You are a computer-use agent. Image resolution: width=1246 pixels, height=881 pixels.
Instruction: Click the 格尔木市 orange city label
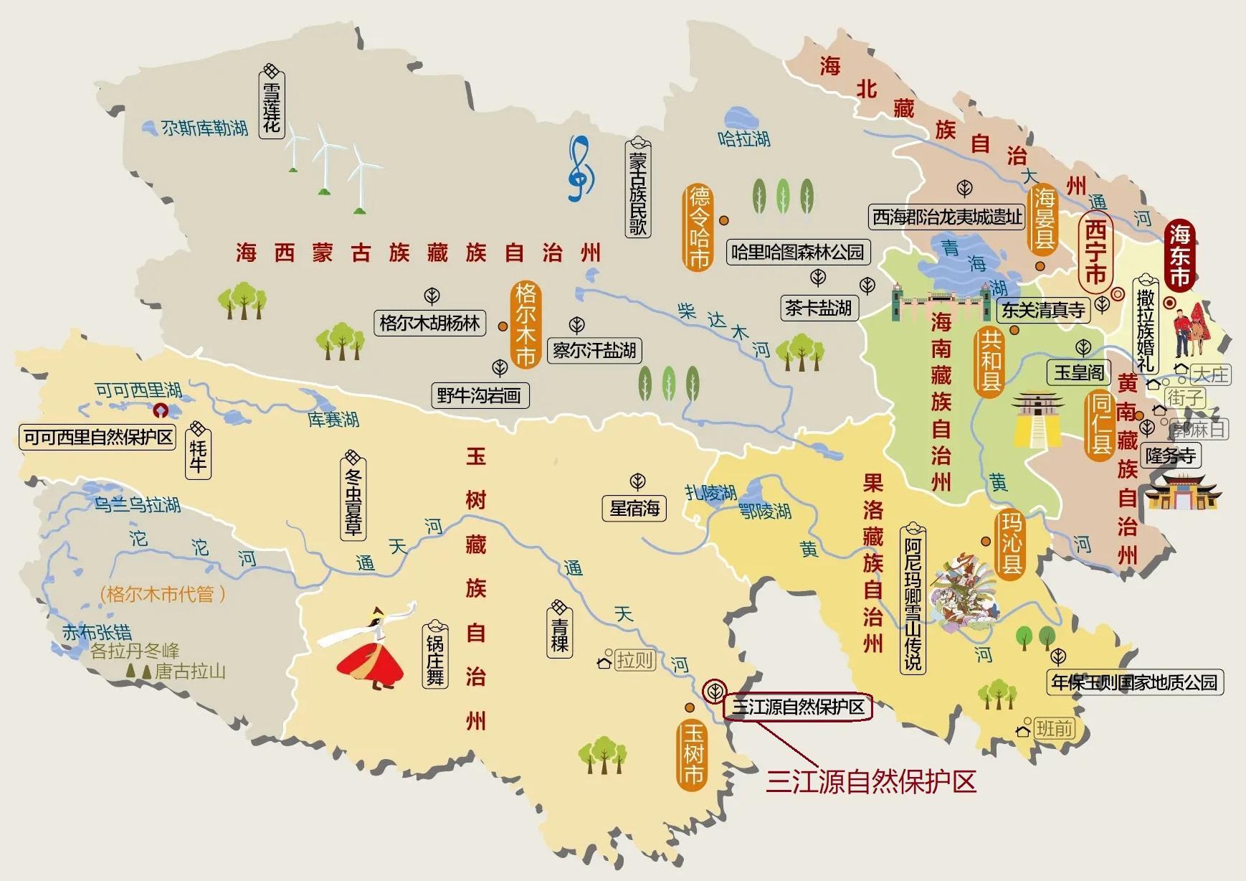pyautogui.click(x=526, y=325)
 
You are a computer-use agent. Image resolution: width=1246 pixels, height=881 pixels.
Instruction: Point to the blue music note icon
pyautogui.click(x=581, y=169)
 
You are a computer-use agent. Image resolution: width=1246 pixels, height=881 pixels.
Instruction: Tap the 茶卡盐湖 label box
pyautogui.click(x=818, y=308)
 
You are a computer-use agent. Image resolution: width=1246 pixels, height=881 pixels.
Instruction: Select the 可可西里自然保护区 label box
pyautogui.click(x=98, y=437)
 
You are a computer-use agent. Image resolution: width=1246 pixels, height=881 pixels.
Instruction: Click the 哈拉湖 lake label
pyautogui.click(x=743, y=138)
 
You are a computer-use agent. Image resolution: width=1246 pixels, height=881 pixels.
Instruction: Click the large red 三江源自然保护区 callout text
pyautogui.click(x=871, y=781)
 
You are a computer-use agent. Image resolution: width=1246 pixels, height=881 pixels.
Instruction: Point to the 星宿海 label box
pyautogui.click(x=634, y=509)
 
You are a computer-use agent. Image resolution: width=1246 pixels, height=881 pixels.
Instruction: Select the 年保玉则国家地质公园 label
pyautogui.click(x=1134, y=682)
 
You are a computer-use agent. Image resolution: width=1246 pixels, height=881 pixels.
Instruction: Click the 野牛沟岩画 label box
pyautogui.click(x=479, y=395)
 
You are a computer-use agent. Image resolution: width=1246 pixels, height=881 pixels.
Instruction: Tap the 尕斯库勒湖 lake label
pyautogui.click(x=204, y=128)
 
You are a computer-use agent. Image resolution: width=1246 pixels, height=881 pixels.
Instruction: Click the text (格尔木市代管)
pyautogui.click(x=163, y=594)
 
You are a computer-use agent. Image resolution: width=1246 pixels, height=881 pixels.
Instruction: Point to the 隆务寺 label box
pyautogui.click(x=1171, y=456)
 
